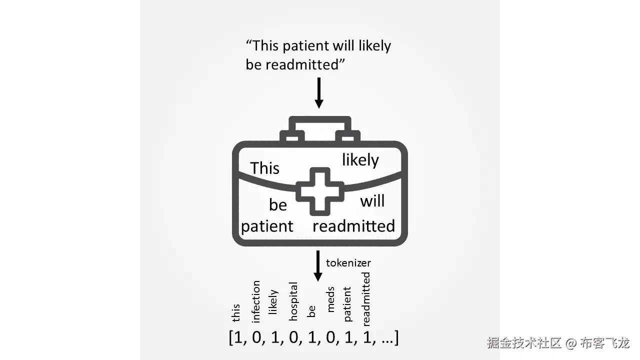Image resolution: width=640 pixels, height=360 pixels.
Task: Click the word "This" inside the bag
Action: pyautogui.click(x=264, y=168)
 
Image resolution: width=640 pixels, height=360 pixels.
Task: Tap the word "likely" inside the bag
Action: pyautogui.click(x=360, y=160)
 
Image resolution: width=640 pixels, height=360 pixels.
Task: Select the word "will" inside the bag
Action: pyautogui.click(x=372, y=201)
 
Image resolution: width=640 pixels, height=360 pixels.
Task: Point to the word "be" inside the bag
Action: pyautogui.click(x=278, y=205)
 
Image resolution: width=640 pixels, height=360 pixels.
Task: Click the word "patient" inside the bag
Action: pyautogui.click(x=267, y=226)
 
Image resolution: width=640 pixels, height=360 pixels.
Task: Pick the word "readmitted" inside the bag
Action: pyautogui.click(x=353, y=226)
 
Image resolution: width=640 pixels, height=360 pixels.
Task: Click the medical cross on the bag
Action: pyautogui.click(x=320, y=191)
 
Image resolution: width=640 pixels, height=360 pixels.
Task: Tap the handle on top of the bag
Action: pyautogui.click(x=320, y=123)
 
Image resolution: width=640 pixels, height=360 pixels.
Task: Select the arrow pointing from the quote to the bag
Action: pyautogui.click(x=318, y=92)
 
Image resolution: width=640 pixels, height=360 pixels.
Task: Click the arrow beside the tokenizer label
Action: pyautogui.click(x=317, y=265)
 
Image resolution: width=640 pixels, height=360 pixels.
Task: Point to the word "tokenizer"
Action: pyautogui.click(x=348, y=262)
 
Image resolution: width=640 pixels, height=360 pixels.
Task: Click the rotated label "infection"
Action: pyautogui.click(x=256, y=301)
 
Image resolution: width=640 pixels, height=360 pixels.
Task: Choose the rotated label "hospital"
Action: pyautogui.click(x=293, y=301)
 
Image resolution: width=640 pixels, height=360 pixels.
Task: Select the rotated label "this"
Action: pyautogui.click(x=236, y=313)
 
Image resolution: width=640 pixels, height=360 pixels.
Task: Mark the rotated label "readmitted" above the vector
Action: pyautogui.click(x=366, y=298)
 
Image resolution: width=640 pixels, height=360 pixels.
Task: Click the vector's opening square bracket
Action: pyautogui.click(x=231, y=338)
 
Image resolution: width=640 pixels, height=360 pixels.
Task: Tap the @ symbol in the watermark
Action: pyautogui.click(x=571, y=343)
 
